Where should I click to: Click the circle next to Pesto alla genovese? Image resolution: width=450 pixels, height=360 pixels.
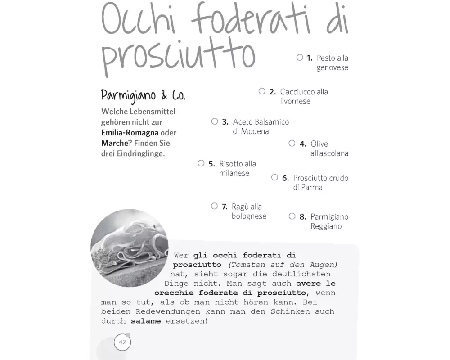[300, 58]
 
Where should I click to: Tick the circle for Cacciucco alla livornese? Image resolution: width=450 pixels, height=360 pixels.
[262, 91]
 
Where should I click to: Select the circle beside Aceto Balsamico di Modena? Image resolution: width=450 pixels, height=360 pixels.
[215, 121]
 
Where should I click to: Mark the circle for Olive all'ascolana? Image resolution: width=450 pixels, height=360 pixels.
[292, 144]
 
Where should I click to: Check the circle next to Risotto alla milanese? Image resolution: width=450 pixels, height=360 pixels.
[201, 163]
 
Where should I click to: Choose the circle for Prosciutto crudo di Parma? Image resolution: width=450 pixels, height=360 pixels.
[275, 178]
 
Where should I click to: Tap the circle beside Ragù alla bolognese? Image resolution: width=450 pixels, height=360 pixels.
[214, 206]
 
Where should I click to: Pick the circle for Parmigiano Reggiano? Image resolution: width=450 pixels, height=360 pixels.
[292, 216]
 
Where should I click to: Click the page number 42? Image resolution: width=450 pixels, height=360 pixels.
[122, 342]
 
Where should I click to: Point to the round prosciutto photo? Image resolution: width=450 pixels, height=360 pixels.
[129, 248]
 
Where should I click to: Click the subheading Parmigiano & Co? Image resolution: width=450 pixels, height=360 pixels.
[143, 95]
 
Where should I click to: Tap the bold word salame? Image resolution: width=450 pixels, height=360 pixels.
[145, 321]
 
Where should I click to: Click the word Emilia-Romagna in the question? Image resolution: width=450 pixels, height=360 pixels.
[130, 133]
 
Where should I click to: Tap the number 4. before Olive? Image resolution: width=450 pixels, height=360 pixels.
[303, 144]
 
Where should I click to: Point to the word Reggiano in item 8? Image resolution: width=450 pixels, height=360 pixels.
[326, 226]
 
